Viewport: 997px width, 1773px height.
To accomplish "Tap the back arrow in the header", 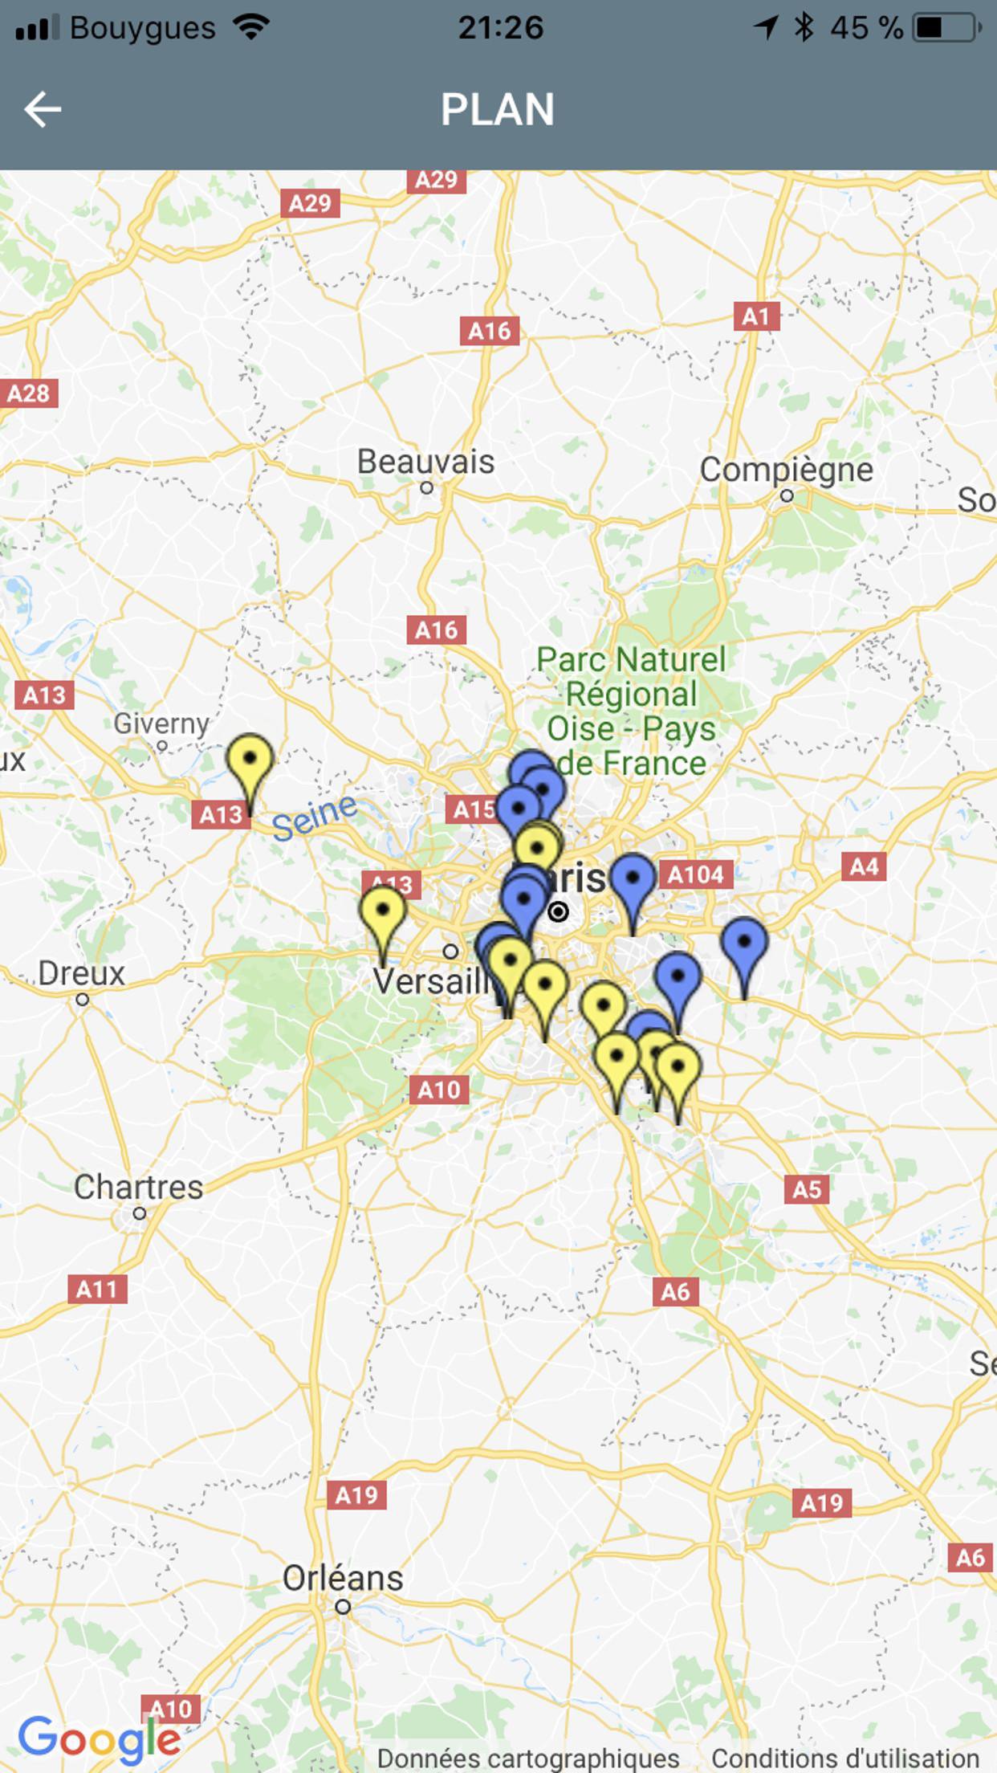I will (43, 109).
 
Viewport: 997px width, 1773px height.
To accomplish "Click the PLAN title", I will (498, 109).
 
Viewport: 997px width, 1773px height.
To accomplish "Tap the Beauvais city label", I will (425, 462).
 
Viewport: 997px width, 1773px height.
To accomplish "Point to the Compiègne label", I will (786, 470).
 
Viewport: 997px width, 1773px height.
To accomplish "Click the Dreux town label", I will (81, 973).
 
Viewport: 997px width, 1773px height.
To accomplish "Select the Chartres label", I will (138, 1187).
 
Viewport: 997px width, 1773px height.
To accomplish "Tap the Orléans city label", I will (343, 1578).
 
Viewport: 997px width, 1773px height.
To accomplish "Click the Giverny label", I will (161, 723).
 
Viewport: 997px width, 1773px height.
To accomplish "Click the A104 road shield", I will (696, 874).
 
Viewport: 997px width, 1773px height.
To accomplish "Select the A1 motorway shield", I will (756, 316).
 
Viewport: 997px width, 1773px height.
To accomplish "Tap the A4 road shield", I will (864, 867).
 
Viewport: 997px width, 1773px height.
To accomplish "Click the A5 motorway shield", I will (807, 1189).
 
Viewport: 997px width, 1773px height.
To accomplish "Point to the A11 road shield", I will (97, 1290).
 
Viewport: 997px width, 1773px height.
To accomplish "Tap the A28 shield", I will (28, 393).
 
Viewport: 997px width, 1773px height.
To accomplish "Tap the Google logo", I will (100, 1739).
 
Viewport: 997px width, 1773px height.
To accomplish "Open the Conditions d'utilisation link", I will (844, 1759).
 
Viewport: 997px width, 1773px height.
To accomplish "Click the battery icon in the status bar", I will (947, 28).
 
